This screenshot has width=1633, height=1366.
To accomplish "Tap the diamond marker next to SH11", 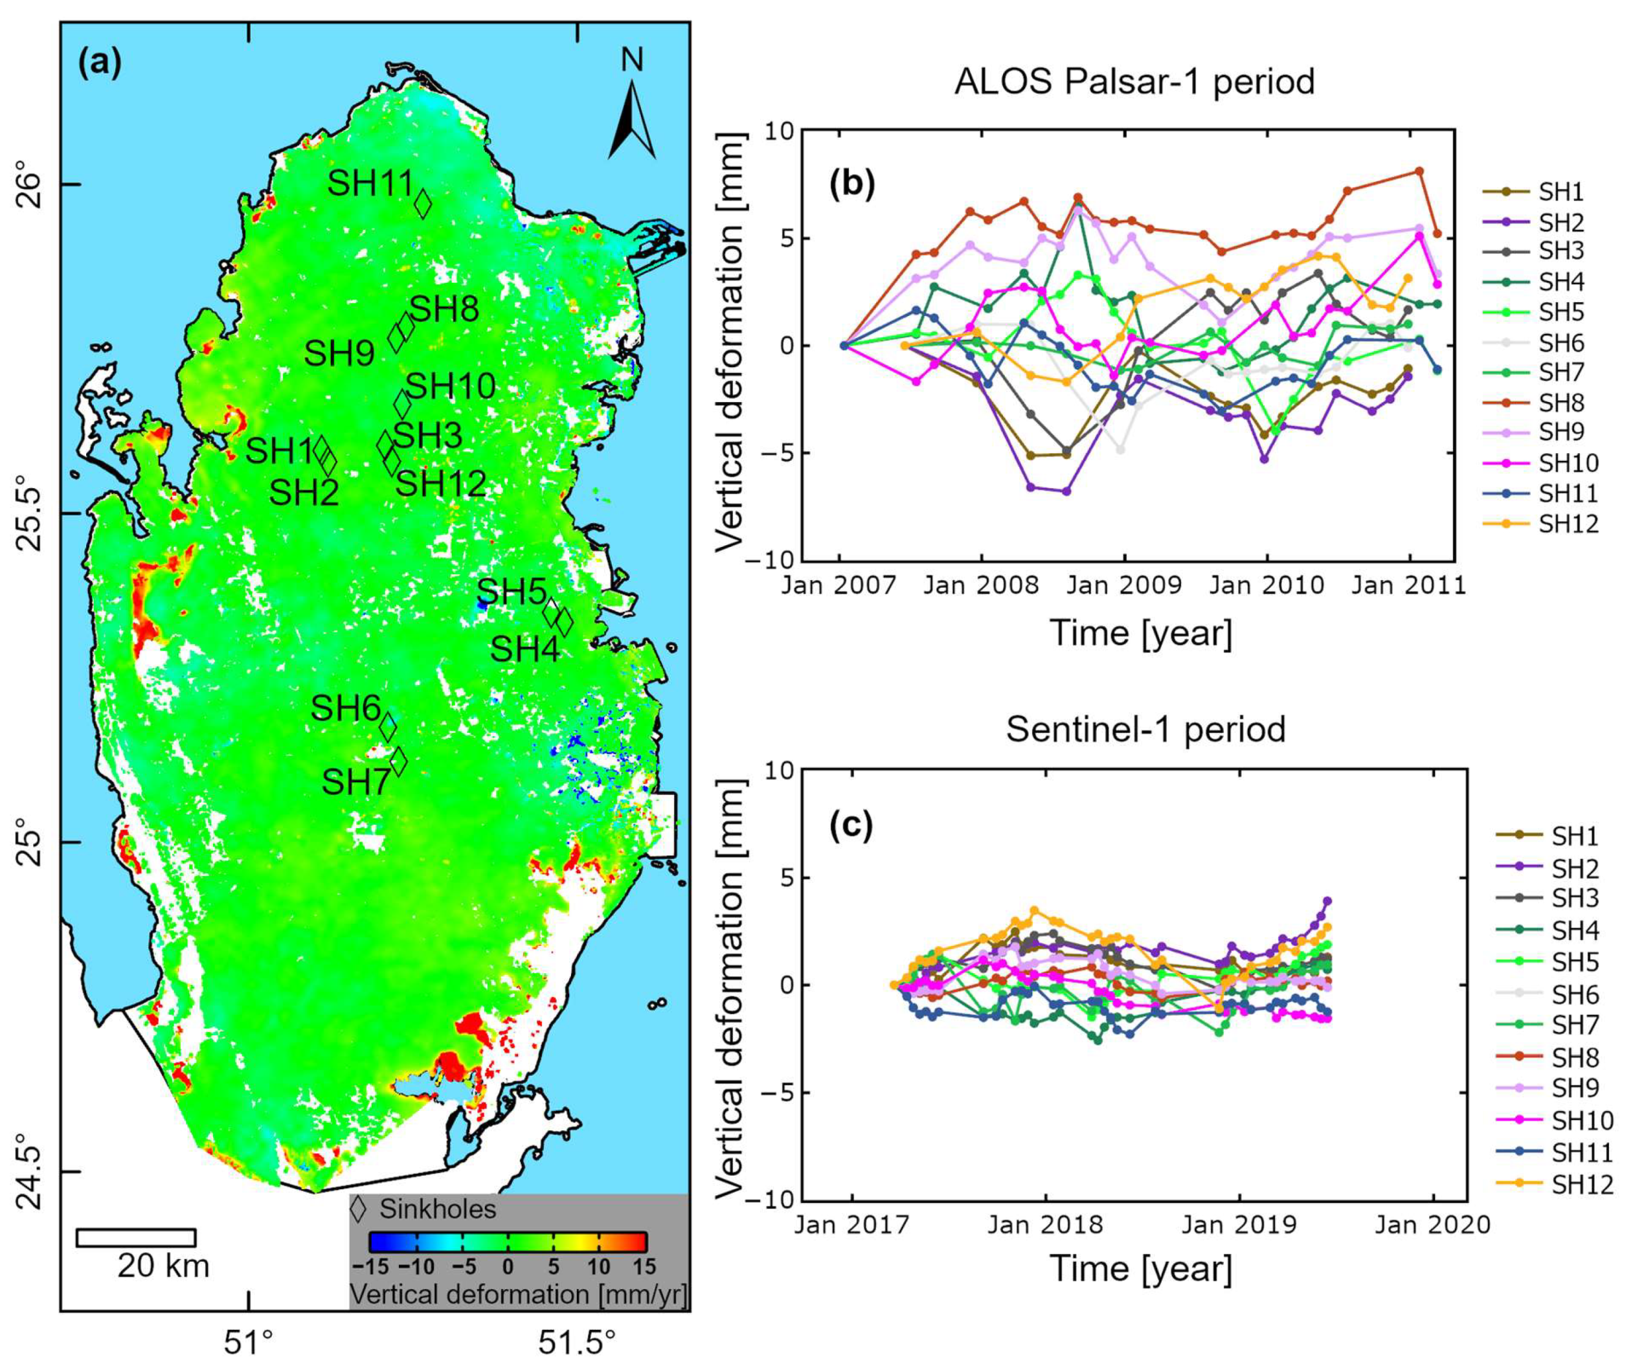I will (x=423, y=204).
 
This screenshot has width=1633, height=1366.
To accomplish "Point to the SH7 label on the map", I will (x=356, y=782).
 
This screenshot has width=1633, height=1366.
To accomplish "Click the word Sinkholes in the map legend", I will (x=437, y=1209).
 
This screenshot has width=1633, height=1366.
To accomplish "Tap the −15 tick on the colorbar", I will (x=370, y=1266).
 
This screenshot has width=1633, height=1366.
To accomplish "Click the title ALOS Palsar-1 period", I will (x=1134, y=82).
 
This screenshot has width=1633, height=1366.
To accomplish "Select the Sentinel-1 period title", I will (x=1145, y=729).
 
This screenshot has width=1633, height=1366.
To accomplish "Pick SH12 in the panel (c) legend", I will (x=1582, y=1184).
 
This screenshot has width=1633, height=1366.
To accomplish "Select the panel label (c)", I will (x=851, y=825).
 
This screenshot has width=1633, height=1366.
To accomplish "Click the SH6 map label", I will (x=345, y=708).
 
